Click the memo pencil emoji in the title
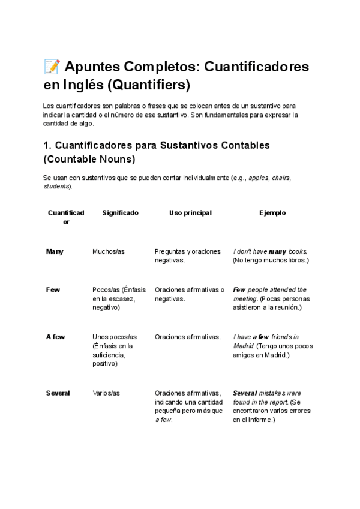(52, 67)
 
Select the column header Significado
(120, 213)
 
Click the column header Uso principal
(190, 213)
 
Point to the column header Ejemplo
(272, 213)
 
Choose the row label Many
(55, 251)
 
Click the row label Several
(58, 393)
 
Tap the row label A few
(56, 337)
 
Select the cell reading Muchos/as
(109, 251)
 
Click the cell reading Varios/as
(106, 393)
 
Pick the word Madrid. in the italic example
(244, 346)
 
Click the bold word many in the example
(277, 251)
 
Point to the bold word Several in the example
(244, 393)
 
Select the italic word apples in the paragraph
(258, 178)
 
